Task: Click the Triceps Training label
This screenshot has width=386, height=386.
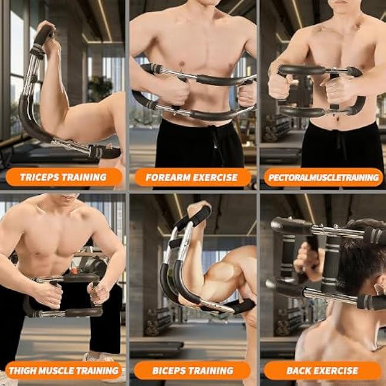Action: pos(64,177)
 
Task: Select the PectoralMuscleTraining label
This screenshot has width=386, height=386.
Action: pos(323,177)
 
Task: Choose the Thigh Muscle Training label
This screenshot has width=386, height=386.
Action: pos(64,371)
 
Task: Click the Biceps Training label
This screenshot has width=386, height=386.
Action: pos(192,371)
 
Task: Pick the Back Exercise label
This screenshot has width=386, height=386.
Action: pos(322,371)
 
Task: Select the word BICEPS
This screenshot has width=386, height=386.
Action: pos(169,371)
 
